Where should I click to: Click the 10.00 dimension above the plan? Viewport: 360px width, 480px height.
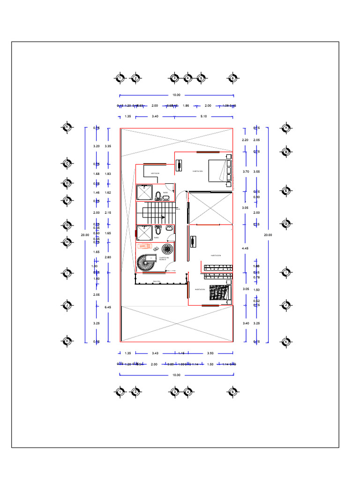[176, 95]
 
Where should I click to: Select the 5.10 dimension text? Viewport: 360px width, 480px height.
[203, 116]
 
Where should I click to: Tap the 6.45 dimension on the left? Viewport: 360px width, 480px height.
[108, 307]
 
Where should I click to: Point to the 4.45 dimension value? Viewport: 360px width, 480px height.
[245, 247]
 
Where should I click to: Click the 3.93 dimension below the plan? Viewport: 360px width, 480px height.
[210, 353]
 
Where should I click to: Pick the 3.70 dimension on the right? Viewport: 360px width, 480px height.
[246, 172]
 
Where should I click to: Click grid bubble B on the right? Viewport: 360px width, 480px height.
[285, 151]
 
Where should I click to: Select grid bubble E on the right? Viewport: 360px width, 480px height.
[285, 191]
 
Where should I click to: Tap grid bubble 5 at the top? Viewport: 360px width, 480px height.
[201, 78]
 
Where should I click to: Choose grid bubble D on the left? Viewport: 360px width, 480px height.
[67, 183]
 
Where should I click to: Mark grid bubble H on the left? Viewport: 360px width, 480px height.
[67, 242]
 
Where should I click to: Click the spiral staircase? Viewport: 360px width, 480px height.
[144, 263]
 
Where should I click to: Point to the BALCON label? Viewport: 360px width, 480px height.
[157, 281]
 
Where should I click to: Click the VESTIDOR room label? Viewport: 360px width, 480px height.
[155, 173]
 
